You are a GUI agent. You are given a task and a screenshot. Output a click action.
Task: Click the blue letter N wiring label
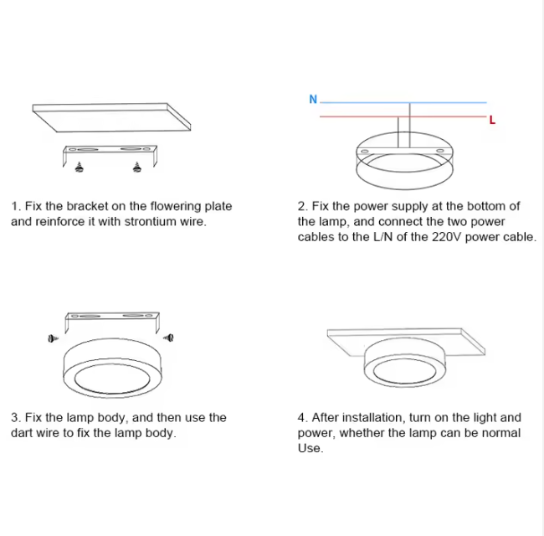(313, 100)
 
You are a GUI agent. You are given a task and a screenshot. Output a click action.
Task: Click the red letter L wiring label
(492, 120)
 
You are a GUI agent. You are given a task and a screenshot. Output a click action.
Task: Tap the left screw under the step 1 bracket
(80, 167)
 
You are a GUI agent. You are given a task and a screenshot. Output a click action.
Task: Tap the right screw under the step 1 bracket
(137, 167)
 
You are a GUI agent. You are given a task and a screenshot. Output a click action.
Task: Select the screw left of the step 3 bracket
(53, 338)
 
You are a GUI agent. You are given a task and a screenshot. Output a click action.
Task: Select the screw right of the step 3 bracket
(169, 338)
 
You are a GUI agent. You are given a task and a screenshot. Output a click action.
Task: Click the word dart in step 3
(22, 433)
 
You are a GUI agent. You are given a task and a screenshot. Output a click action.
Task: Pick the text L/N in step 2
(383, 237)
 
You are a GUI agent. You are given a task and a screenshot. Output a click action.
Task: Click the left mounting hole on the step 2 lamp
(365, 152)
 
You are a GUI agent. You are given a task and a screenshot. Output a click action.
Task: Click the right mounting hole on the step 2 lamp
(440, 151)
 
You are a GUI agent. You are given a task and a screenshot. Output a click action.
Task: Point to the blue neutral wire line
(403, 102)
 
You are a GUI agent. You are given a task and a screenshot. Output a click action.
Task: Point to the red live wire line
(403, 116)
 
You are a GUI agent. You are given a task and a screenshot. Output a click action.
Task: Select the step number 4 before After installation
(300, 418)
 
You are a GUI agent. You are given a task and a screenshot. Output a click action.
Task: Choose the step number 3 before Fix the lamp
(14, 418)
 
